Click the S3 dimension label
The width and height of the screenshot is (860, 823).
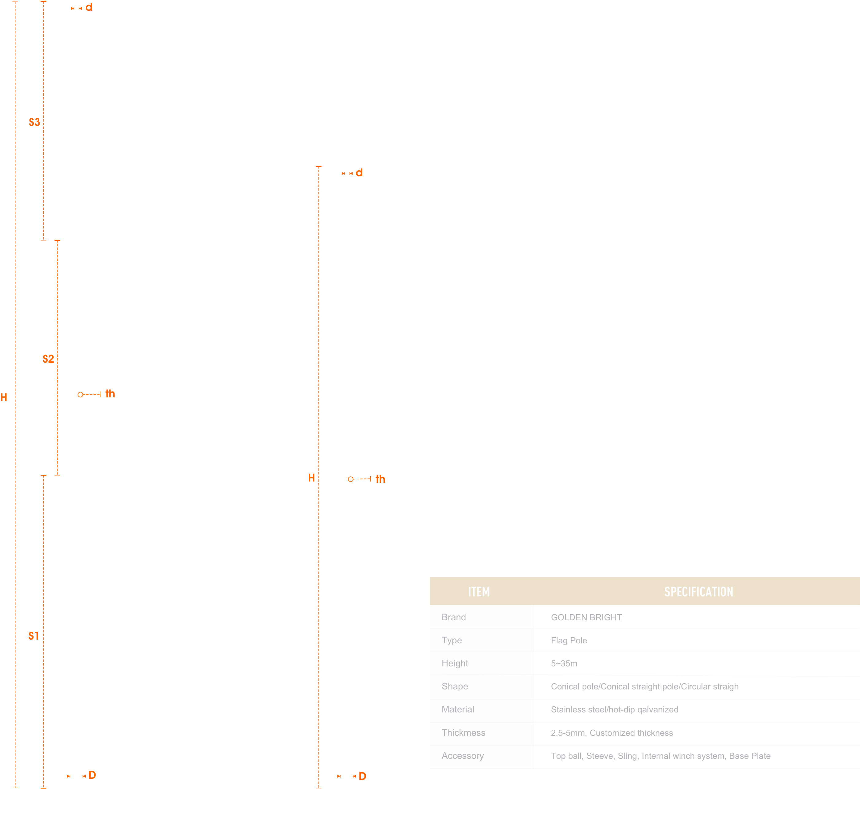coord(34,123)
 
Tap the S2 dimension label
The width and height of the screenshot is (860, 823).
coord(48,359)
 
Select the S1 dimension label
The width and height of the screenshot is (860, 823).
coord(34,636)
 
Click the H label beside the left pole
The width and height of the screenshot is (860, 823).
coord(4,397)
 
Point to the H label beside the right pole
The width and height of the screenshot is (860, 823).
coord(311,478)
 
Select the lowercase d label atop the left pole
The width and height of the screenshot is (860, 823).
coord(89,7)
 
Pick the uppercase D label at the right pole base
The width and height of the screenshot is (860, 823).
coord(362,776)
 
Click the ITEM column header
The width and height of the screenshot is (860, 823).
coord(479,592)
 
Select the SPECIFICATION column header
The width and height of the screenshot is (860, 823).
coord(698,592)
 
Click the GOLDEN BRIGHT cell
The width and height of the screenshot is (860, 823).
coord(586,617)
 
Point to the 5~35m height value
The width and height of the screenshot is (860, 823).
coord(564,663)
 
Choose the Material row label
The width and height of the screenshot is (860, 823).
coord(458,709)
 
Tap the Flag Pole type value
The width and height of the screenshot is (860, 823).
coord(569,641)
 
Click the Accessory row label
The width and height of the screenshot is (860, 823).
coord(463,755)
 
